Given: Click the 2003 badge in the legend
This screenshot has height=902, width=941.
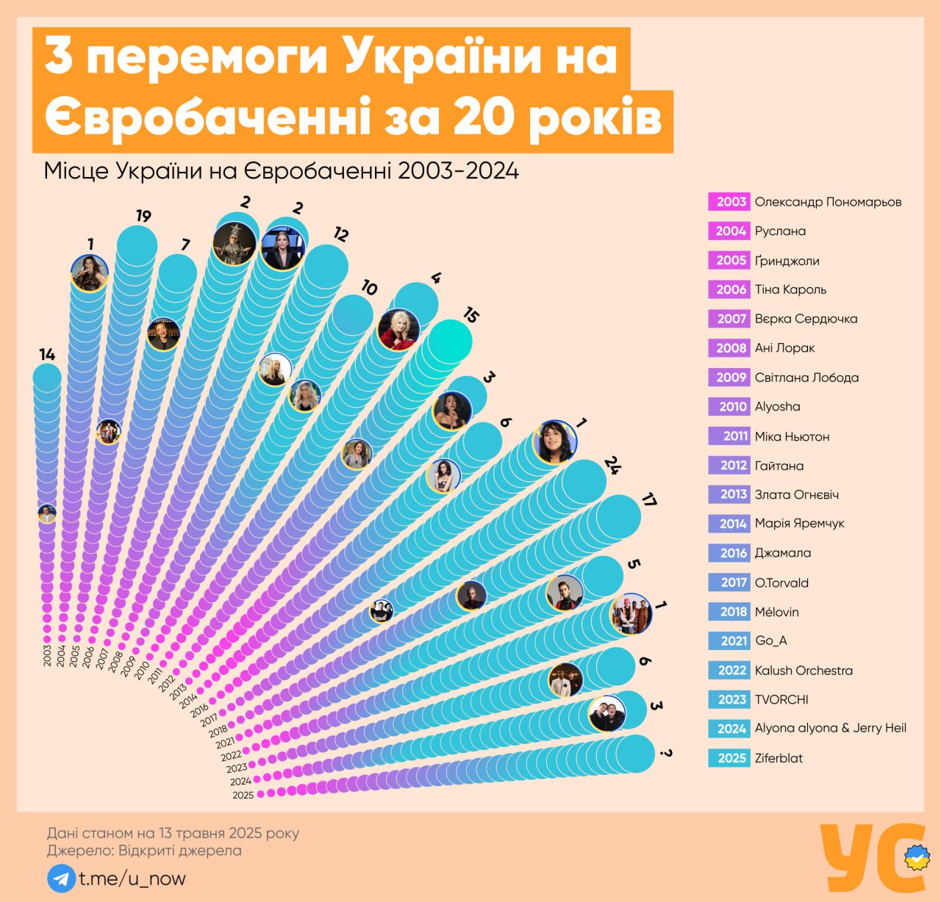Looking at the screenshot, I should coord(731,202).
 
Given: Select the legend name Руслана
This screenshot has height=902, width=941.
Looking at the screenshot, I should coord(780,231).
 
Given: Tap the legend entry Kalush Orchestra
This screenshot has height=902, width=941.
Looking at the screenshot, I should coord(804,671).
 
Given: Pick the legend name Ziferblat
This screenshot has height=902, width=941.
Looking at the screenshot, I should coord(779,758).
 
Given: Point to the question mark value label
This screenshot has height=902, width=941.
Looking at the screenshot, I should coord(666,753).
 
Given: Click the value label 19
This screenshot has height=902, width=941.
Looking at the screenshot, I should coord(143,216).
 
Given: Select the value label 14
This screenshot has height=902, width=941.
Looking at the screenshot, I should coord(47,355).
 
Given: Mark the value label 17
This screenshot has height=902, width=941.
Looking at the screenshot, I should coord(648,500).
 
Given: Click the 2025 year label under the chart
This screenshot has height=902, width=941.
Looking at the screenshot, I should coord(243,795).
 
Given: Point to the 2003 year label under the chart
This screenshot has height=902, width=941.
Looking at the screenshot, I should coord(47,655).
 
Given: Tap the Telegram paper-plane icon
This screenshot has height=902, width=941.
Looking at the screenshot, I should coord(62,878).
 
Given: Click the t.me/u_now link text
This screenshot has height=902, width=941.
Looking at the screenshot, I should coord(132,878).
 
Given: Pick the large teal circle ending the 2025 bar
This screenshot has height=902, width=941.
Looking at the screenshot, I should coord(634,754).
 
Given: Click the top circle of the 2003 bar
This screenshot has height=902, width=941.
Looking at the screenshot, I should coord(47,378).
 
